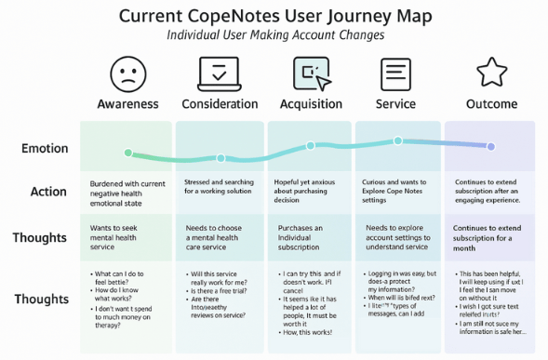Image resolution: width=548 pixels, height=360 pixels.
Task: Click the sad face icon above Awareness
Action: coord(127,73)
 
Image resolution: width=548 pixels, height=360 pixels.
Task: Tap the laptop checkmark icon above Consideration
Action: coord(220,73)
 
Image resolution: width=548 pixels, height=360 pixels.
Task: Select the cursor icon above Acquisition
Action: coord(311,73)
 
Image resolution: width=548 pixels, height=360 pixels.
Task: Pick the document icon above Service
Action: coord(395,73)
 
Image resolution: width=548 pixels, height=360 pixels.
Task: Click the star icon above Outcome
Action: coord(490,73)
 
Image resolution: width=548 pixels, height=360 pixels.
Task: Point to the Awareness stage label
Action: coord(127,103)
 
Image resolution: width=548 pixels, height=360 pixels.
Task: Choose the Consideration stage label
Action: coord(220,103)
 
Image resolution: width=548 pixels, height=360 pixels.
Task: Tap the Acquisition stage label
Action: coord(311,103)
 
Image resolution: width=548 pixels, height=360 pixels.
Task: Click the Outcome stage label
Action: coord(490,103)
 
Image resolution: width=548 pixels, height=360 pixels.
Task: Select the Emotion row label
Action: coord(45,148)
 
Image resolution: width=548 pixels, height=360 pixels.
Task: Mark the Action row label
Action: coord(48,192)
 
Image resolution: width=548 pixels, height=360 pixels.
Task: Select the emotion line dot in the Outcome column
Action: coord(491,146)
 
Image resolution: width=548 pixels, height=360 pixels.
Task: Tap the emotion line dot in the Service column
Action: coord(398,141)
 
